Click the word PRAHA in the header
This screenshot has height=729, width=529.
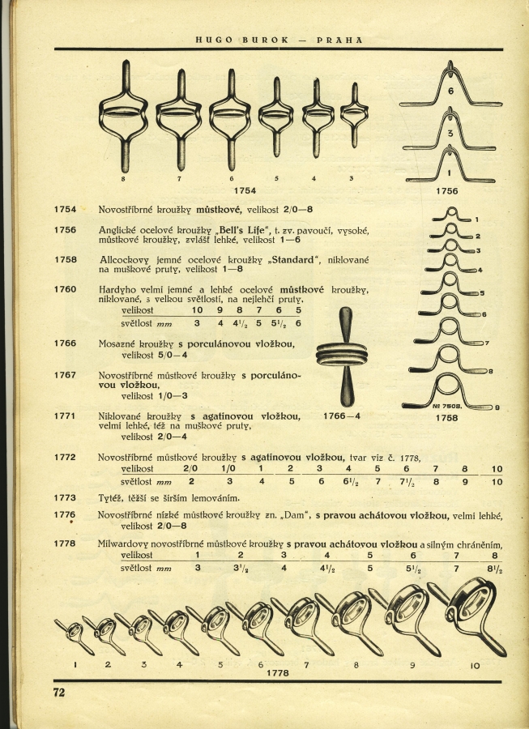(x=339, y=39)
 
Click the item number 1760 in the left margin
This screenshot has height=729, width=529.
(x=65, y=289)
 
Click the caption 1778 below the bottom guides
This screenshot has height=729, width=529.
(x=278, y=672)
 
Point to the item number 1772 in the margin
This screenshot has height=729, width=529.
(x=65, y=458)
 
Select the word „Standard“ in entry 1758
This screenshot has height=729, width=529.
(x=292, y=260)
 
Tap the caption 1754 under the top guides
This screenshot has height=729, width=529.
(x=244, y=190)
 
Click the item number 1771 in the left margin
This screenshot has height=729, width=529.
(x=65, y=416)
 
